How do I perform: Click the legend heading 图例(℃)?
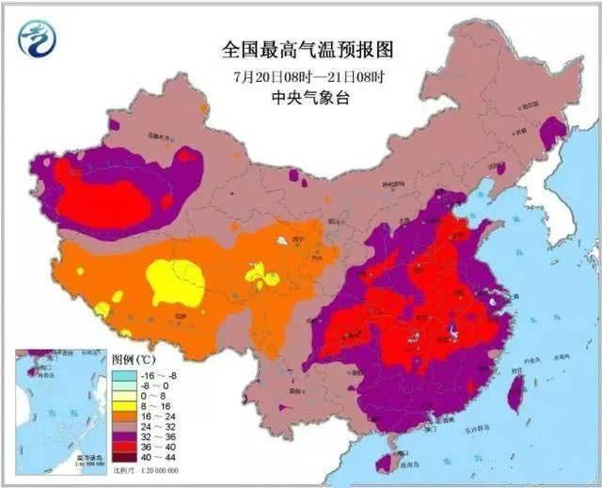pyautogui.click(x=135, y=359)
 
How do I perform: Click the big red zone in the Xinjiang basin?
pyautogui.click(x=113, y=197)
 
